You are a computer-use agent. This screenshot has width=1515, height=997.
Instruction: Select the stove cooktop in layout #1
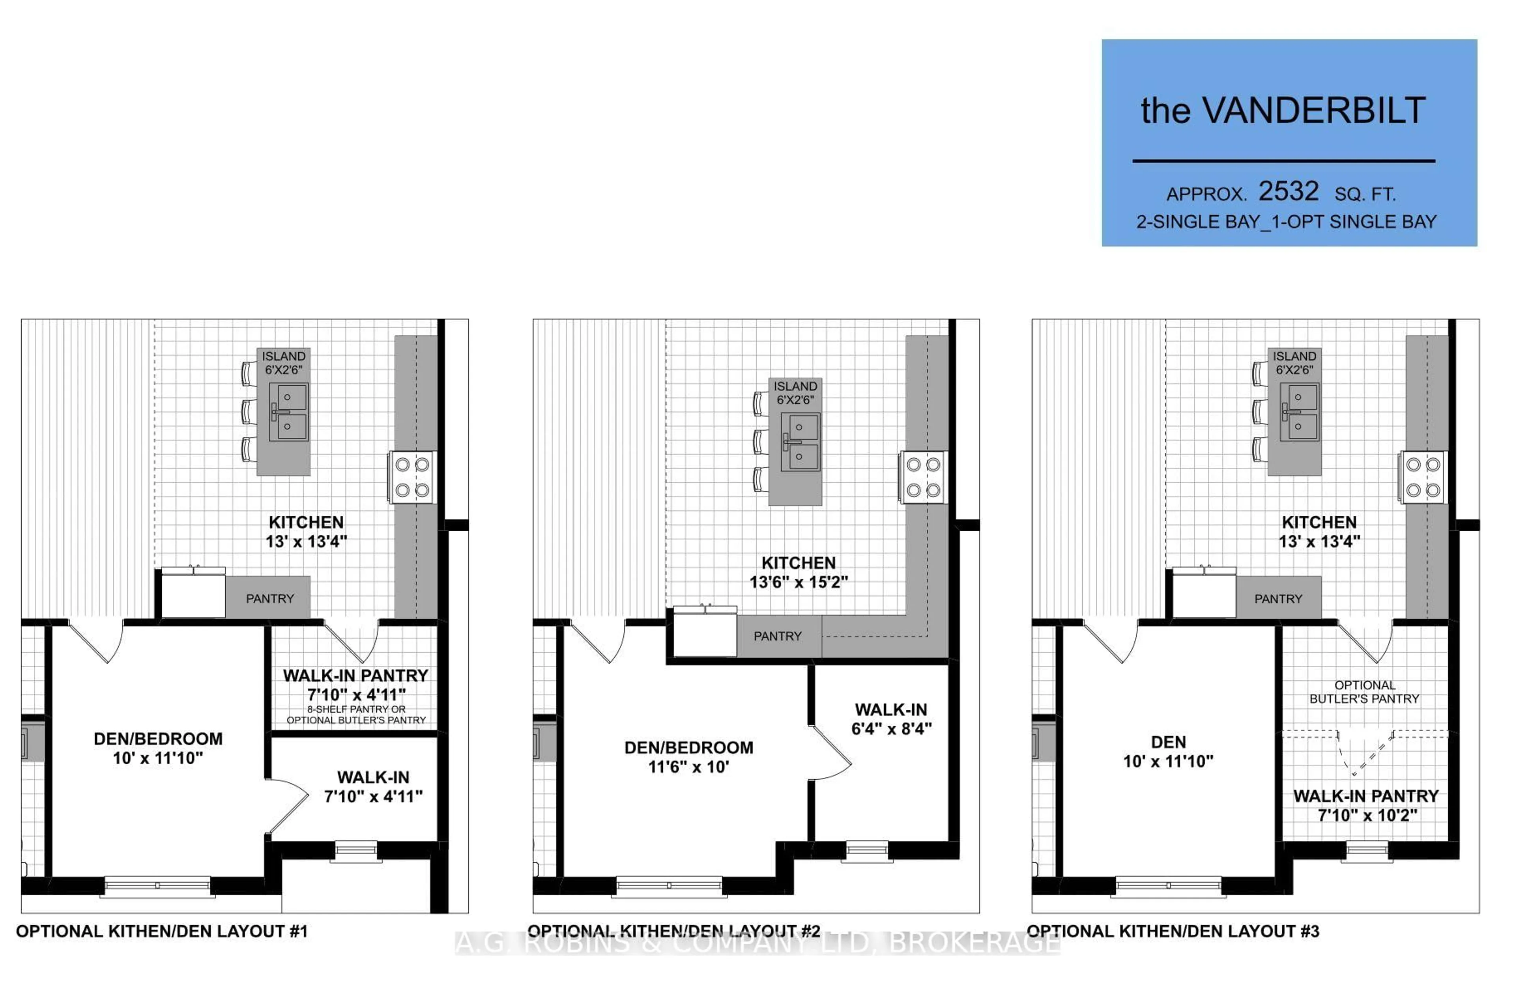[412, 477]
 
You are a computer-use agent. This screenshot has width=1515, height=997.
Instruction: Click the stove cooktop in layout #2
[923, 477]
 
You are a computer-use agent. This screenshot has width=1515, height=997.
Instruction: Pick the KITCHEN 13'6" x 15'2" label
[798, 572]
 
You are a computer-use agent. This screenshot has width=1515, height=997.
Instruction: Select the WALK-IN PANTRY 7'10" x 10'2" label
[1366, 805]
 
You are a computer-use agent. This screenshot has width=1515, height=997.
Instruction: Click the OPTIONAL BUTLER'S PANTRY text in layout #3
[1364, 692]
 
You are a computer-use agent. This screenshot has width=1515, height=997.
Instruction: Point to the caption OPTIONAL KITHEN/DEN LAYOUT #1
[162, 932]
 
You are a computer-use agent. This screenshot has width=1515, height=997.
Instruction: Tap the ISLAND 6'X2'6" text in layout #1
[283, 363]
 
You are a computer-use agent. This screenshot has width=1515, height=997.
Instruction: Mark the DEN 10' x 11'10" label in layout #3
[1168, 751]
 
